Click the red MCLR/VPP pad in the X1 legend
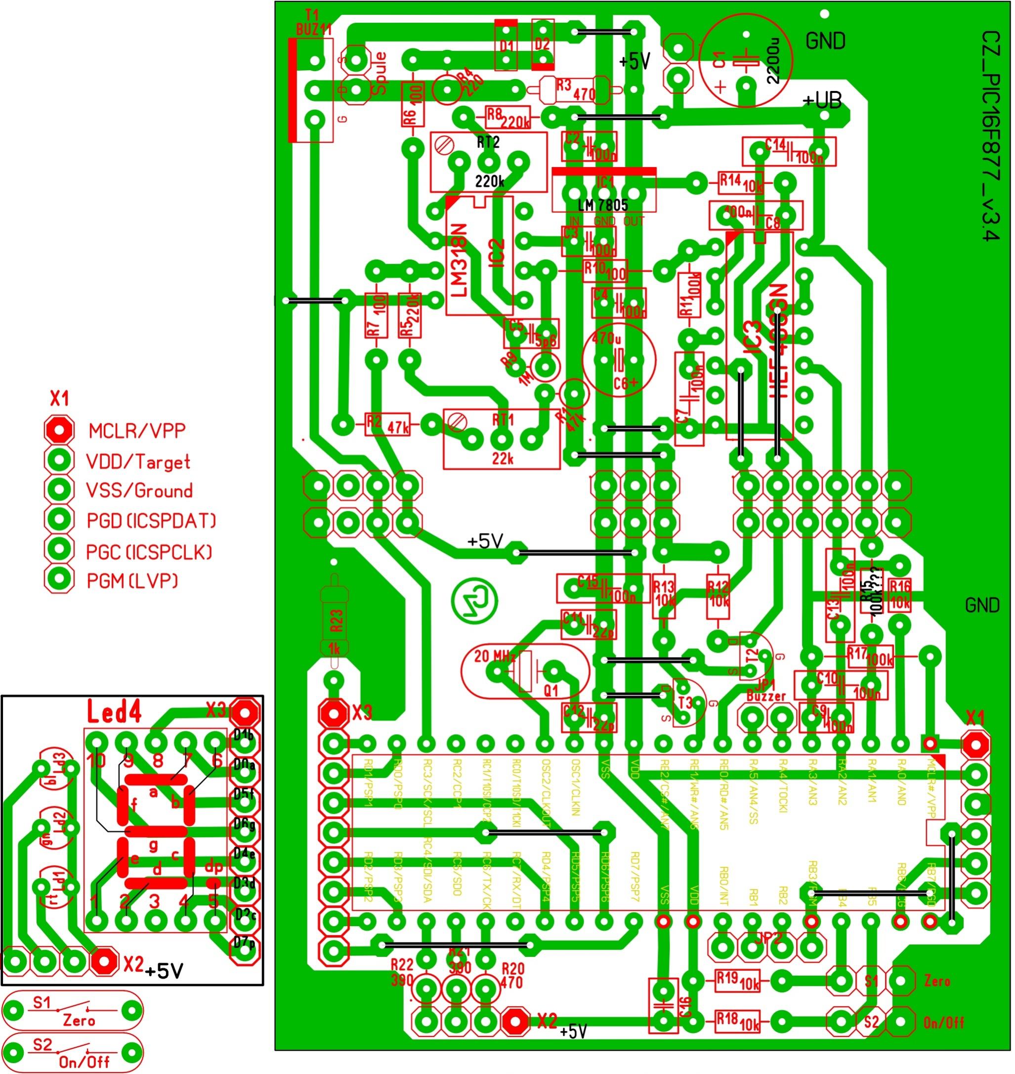(x=58, y=430)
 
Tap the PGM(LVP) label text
(x=132, y=581)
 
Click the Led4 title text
(x=115, y=713)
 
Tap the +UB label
(x=821, y=101)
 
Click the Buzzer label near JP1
(x=765, y=696)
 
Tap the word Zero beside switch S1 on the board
(x=936, y=981)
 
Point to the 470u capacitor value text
(x=606, y=339)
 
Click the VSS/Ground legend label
(x=139, y=491)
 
